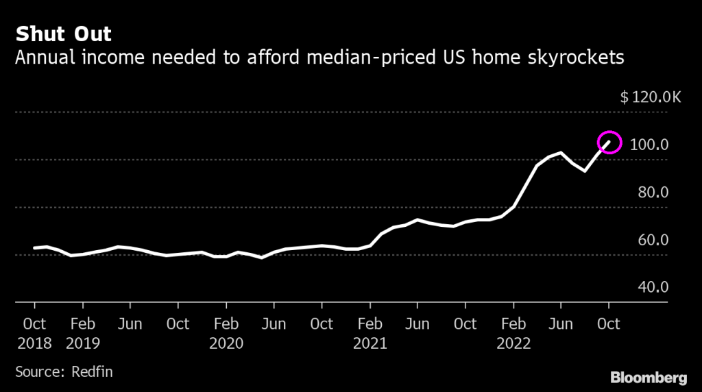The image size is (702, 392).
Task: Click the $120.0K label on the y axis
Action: click(x=650, y=97)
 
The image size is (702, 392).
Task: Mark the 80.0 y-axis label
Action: click(x=653, y=193)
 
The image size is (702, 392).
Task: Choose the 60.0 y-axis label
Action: click(x=653, y=240)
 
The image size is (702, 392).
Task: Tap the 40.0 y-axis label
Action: click(x=653, y=287)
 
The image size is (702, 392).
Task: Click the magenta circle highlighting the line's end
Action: click(x=609, y=142)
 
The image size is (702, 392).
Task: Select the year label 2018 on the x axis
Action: click(x=34, y=343)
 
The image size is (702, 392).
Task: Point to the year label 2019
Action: click(x=82, y=343)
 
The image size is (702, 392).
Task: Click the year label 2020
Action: click(x=226, y=343)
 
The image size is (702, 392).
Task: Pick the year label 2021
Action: click(x=370, y=343)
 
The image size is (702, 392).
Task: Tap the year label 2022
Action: click(x=513, y=343)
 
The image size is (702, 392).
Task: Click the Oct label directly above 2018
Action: click(x=34, y=323)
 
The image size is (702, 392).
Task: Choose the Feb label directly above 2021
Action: click(x=370, y=323)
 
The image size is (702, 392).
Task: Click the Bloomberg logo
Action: click(x=648, y=377)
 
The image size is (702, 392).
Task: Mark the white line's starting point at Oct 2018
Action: click(x=34, y=248)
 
